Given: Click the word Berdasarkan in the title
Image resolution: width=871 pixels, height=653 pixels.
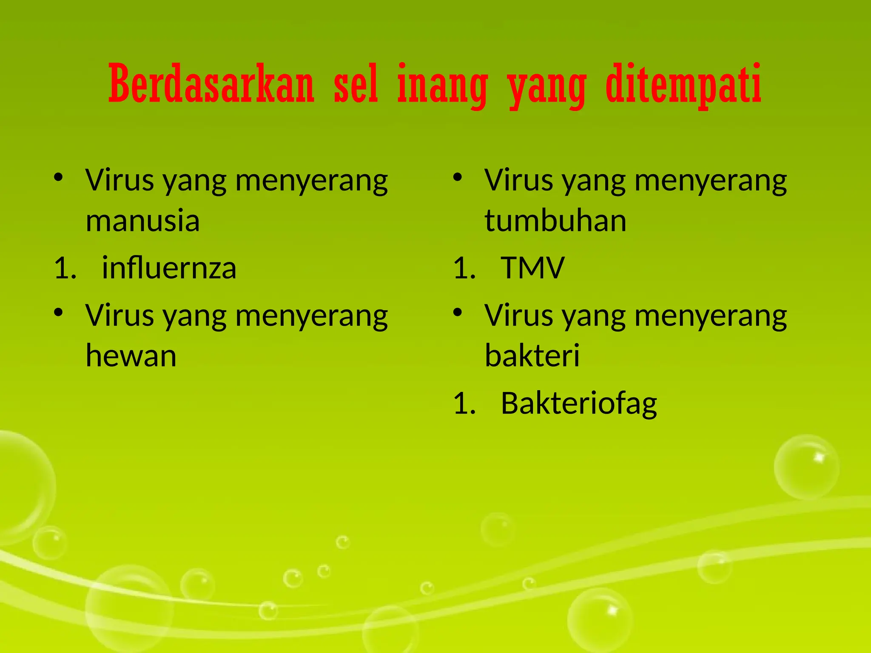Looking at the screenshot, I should click(x=211, y=84).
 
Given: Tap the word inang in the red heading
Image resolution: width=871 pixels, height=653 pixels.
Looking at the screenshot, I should click(x=442, y=85).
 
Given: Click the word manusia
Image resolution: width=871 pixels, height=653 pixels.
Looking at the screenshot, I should click(x=142, y=221).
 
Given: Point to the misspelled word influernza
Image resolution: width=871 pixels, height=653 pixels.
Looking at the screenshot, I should click(x=169, y=269).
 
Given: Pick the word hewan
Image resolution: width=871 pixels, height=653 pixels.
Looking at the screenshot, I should click(x=131, y=356).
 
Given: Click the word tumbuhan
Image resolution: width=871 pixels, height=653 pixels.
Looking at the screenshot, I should click(x=555, y=221).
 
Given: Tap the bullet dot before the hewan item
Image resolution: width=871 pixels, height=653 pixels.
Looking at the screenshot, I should click(x=59, y=313).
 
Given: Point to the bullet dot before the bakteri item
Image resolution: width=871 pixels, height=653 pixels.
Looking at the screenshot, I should click(x=458, y=313).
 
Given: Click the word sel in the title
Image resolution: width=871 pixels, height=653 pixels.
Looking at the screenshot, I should click(x=356, y=84).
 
